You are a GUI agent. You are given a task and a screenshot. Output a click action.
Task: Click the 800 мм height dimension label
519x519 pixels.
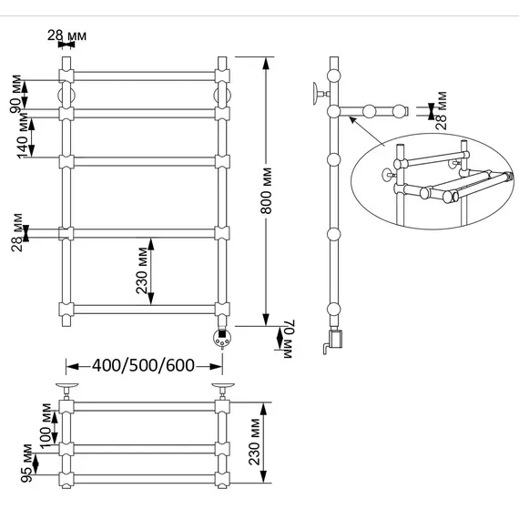(x=267, y=190)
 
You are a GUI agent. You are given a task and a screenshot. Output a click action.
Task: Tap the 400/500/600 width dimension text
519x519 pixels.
(x=143, y=366)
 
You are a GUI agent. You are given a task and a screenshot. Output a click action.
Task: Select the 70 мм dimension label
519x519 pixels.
(x=288, y=339)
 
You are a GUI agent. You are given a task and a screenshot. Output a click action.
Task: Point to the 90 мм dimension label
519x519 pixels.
(x=15, y=94)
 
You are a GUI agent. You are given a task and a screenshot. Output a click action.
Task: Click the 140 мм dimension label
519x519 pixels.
(x=23, y=136)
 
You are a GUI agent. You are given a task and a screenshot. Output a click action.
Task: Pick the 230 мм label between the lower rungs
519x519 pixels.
(x=142, y=270)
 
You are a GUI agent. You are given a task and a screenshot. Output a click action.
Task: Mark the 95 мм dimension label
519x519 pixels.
(x=26, y=463)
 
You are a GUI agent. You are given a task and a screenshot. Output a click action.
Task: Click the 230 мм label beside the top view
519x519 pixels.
(x=255, y=442)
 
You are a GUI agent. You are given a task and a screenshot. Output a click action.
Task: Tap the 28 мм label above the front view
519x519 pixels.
(x=66, y=36)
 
